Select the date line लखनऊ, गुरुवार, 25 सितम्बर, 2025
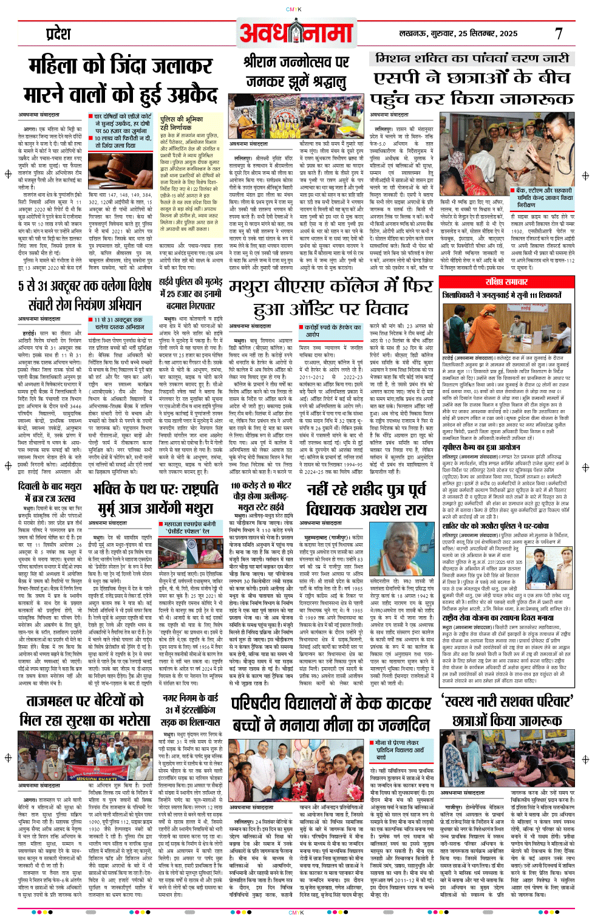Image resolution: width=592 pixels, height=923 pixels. coord(458,34)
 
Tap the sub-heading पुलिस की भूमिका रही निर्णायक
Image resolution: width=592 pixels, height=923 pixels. coord(182,123)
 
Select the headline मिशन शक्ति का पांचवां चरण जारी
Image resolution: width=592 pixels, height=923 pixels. coord(471,58)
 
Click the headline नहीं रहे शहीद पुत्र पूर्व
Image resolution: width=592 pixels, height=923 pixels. coord(366,490)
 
